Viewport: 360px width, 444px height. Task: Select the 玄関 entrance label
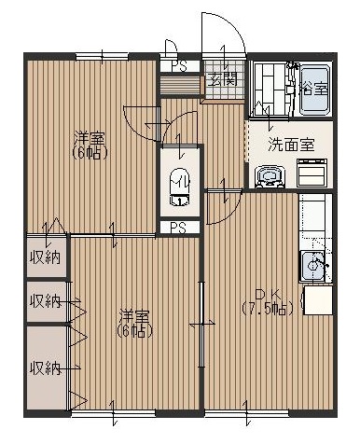[x=222, y=80]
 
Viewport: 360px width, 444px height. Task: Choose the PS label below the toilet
[x=178, y=227]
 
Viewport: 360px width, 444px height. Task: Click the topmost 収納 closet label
[x=44, y=257]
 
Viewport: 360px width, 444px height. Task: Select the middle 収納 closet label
[x=44, y=300]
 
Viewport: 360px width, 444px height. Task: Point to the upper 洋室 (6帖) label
[x=91, y=146]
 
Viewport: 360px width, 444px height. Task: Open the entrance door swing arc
[x=224, y=33]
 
